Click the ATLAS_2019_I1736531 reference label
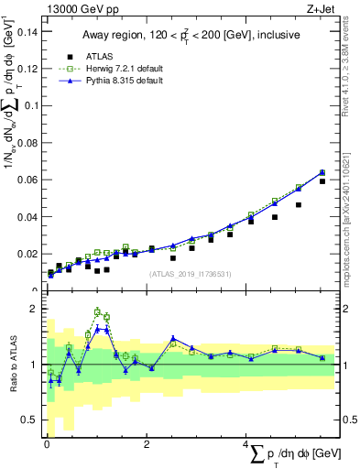coord(189,274)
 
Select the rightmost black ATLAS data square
coord(322,181)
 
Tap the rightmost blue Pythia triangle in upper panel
coord(322,171)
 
